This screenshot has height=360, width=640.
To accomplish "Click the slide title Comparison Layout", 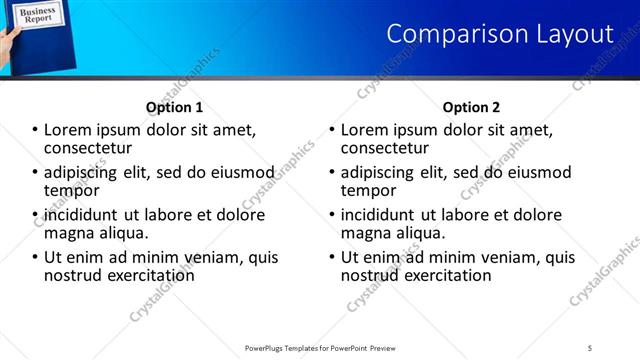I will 499,33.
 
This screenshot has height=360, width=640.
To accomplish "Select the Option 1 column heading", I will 174,107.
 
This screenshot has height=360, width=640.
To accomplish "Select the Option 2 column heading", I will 471,107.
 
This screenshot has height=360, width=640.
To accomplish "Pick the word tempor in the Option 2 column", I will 368,190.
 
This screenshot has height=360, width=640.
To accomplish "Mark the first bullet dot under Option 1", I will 35,130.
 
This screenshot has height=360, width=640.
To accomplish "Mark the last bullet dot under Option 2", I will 332,257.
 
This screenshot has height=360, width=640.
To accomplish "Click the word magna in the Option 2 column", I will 365,233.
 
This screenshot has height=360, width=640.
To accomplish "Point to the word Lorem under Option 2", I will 365,130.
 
